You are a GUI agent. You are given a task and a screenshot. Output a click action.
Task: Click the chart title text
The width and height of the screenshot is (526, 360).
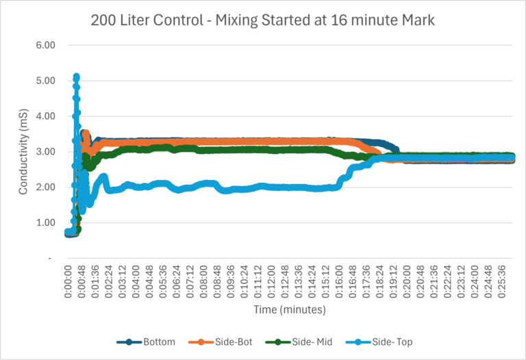[x=263, y=21]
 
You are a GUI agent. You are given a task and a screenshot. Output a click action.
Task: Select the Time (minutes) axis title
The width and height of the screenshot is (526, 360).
[x=290, y=310]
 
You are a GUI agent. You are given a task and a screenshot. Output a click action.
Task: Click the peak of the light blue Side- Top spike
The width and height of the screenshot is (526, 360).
[x=76, y=77]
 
